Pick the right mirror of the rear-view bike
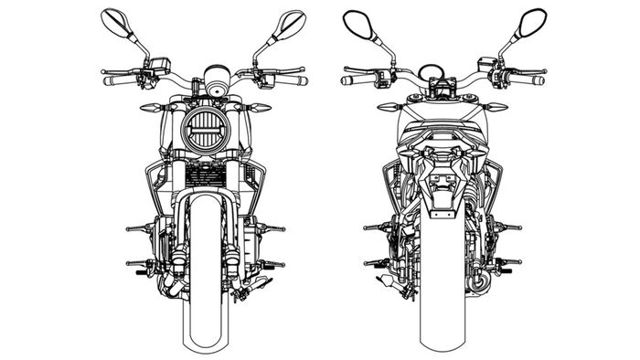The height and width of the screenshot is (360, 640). point(531,22)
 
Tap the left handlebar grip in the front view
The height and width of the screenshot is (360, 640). point(118,80)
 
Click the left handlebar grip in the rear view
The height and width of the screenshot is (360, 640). point(357,80)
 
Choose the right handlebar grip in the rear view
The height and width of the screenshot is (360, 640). point(529,80)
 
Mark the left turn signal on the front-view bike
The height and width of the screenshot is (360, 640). point(149,108)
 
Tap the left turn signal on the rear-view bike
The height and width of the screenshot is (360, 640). point(390,108)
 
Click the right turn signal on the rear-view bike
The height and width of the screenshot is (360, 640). point(496,108)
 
